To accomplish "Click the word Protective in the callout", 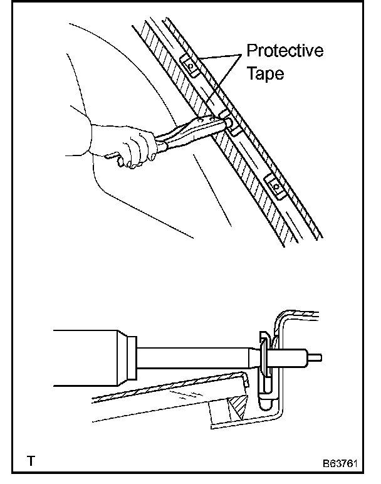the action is click(284, 51).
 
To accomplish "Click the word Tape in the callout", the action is click(265, 73).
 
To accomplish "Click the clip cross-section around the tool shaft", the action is click(266, 364).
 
